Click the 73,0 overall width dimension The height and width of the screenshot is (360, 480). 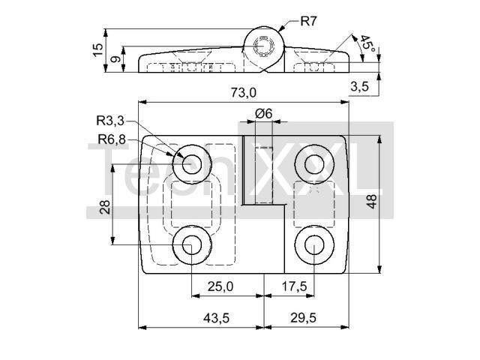(244, 92)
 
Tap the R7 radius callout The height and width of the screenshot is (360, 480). (308, 21)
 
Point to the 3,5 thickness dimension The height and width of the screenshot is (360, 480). (359, 87)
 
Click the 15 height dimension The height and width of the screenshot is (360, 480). (98, 49)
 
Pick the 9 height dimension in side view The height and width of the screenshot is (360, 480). (115, 58)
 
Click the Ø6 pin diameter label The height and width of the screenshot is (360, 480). (263, 113)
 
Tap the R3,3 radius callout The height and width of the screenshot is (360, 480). (110, 121)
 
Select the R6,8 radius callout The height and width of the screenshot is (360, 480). (112, 139)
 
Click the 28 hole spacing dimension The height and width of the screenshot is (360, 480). (104, 207)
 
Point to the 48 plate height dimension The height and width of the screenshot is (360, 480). (372, 202)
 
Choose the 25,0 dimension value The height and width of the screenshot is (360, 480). (220, 286)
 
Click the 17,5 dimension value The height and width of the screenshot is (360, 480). (294, 286)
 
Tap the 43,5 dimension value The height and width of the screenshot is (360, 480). (217, 318)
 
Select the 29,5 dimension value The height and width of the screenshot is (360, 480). (303, 318)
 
